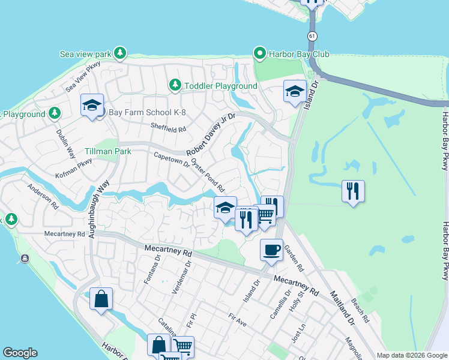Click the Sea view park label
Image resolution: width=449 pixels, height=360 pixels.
point(85,54)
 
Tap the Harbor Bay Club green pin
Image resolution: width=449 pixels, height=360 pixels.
point(260,54)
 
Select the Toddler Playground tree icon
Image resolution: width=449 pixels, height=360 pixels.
point(175,86)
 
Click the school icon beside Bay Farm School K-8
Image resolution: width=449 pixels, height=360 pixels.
point(92,106)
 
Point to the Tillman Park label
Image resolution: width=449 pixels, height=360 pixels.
point(108,152)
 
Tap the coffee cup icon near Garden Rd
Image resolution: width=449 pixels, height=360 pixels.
point(271,249)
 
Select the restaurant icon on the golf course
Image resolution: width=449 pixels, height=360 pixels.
point(353,191)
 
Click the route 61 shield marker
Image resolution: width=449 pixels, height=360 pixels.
point(312,37)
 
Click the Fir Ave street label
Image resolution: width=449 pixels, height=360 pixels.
point(237,319)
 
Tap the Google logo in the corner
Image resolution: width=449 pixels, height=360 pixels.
point(20,353)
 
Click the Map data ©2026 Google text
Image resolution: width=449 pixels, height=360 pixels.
point(411,355)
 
